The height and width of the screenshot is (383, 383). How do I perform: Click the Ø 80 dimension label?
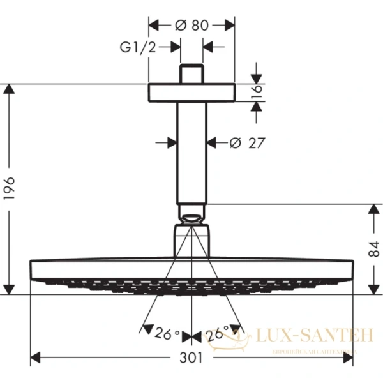pyautogui.click(x=191, y=25)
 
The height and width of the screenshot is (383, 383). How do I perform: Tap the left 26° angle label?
pyautogui.click(x=168, y=333)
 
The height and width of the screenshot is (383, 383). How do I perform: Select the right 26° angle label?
pyautogui.click(x=217, y=333)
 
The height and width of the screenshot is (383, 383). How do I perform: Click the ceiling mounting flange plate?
pyautogui.click(x=191, y=92)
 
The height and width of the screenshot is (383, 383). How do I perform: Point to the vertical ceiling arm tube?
pyautogui.click(x=191, y=153)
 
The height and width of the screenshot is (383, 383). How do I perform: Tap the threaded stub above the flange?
pyautogui.click(x=191, y=73)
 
